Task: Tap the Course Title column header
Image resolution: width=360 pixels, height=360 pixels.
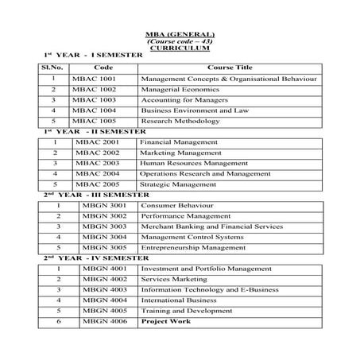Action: tap(228, 68)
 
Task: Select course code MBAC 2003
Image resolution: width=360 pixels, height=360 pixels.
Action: tap(96, 162)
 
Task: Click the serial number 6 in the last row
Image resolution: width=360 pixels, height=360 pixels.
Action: tap(59, 321)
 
